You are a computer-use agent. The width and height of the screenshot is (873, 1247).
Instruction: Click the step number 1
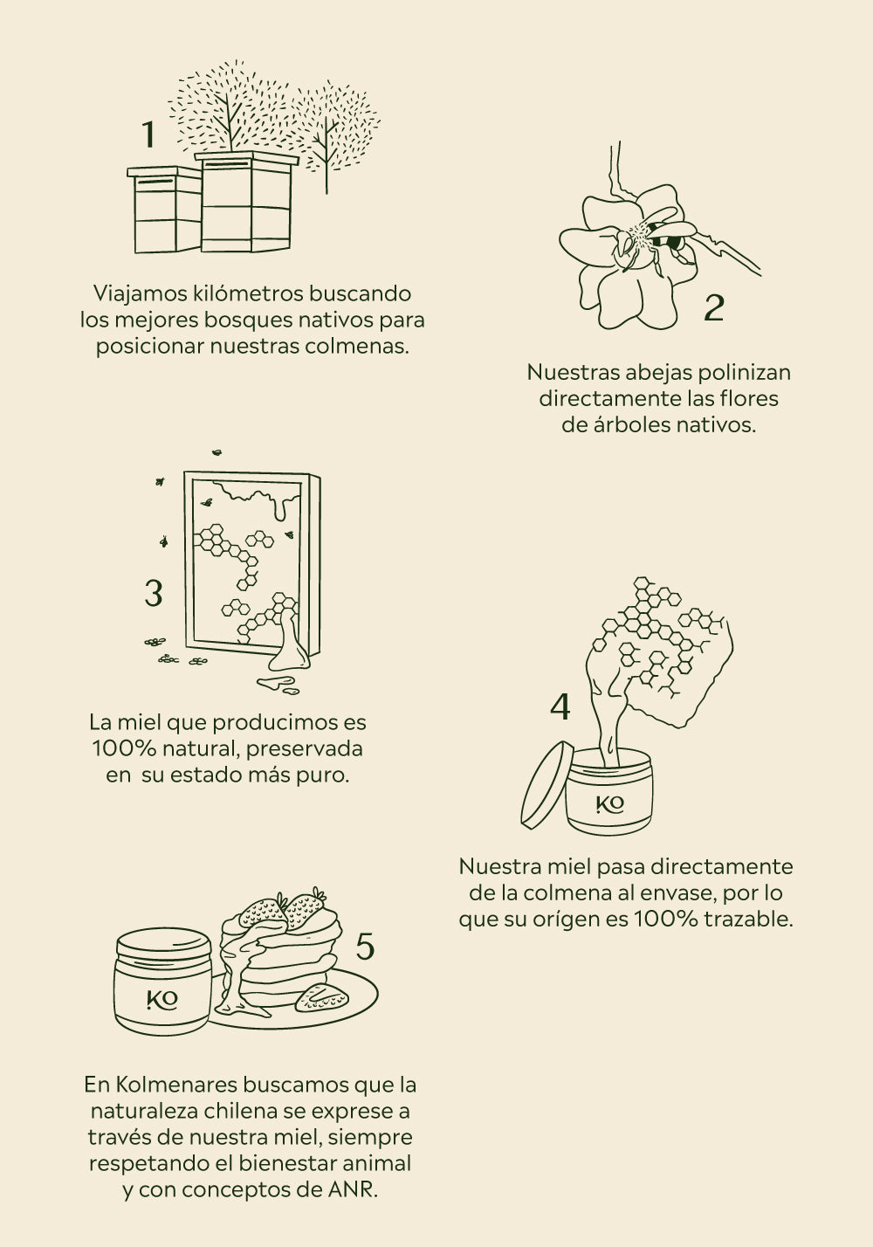pos(148,134)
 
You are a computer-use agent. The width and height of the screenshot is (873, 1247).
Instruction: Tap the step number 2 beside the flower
pos(714,307)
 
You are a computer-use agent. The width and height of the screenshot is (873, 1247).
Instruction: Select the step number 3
pos(154,593)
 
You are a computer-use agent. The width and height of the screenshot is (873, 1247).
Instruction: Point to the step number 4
pos(560,707)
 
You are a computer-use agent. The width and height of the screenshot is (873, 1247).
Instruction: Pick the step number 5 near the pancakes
pos(365,947)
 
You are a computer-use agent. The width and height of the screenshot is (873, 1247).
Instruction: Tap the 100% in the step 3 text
pos(124,748)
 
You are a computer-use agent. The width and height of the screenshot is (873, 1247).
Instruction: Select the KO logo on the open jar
pos(609,804)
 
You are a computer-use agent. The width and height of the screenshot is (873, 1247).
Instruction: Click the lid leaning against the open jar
pos(547,786)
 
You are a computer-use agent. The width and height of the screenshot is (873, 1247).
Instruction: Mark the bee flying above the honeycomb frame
pos(217,452)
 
